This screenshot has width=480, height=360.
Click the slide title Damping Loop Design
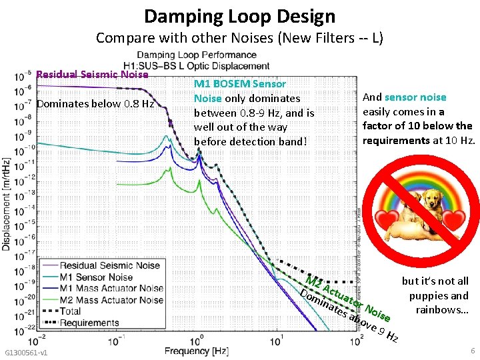pos(239,15)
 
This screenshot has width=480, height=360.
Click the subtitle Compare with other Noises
pos(239,37)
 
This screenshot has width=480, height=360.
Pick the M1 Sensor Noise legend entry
pos(96,277)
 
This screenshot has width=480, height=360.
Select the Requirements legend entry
pos(89,323)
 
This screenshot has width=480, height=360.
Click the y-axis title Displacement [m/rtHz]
pos(7,200)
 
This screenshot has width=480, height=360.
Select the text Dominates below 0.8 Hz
pos(95,104)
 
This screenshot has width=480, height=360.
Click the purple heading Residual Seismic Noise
pos(92,75)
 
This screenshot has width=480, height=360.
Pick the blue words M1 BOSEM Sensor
pos(239,84)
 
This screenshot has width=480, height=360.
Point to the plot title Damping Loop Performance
pos(203,55)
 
